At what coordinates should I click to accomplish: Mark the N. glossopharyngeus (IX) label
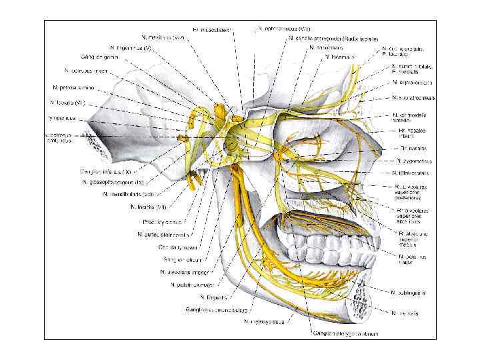[113, 182]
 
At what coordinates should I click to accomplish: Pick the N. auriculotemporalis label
[160, 234]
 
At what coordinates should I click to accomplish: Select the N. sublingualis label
[409, 292]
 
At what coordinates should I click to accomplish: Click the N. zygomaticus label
[415, 161]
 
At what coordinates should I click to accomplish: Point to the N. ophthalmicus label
[283, 29]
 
